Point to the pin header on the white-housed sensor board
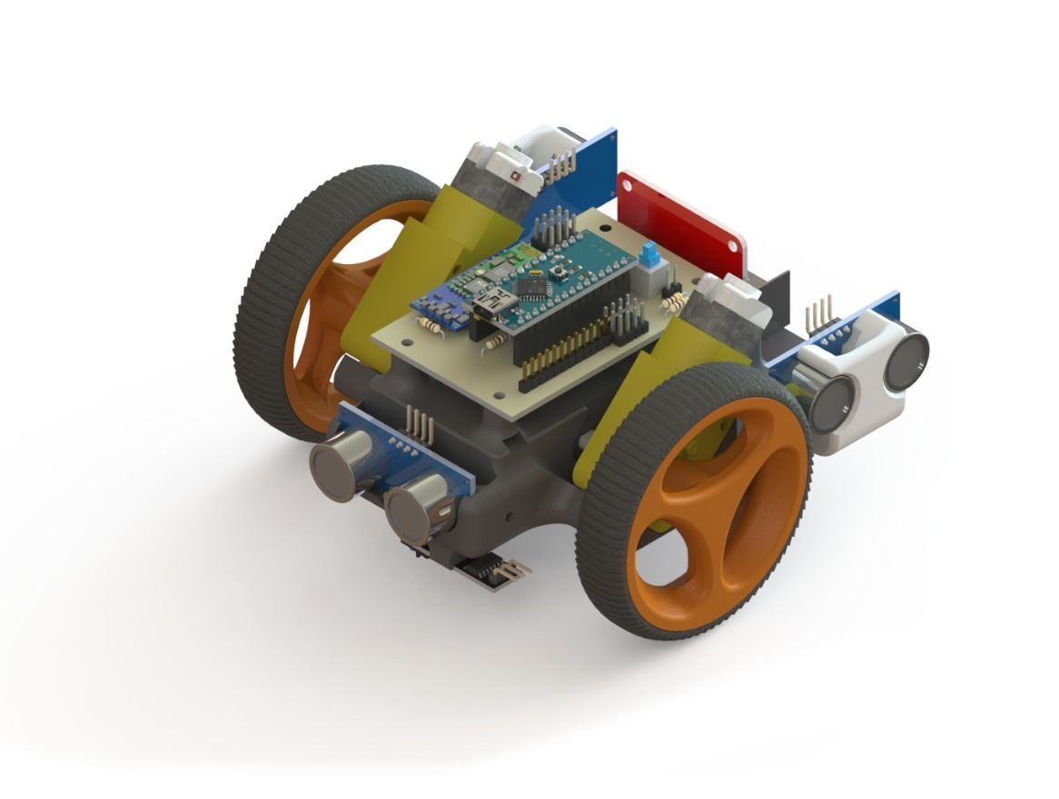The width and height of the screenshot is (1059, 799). click(821, 313)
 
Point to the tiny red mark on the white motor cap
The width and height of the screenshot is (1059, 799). click(515, 173)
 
